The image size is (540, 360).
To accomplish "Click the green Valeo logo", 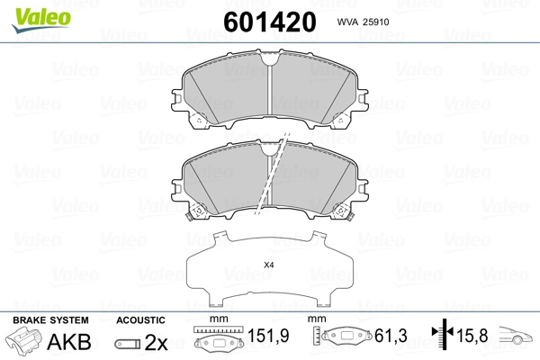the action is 41,20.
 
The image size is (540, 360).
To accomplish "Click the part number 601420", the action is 270,22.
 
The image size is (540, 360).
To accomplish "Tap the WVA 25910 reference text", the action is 363,22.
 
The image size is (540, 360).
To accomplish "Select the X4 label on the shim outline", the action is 268,265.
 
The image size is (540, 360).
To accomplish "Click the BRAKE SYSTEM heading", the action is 50,320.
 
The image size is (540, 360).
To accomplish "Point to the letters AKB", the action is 69,341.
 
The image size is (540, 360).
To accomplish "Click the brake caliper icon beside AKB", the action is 24,339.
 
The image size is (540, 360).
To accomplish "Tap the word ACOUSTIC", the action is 140,320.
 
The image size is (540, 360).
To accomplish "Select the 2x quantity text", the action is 156,342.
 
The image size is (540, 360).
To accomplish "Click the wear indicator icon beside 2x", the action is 128,344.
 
